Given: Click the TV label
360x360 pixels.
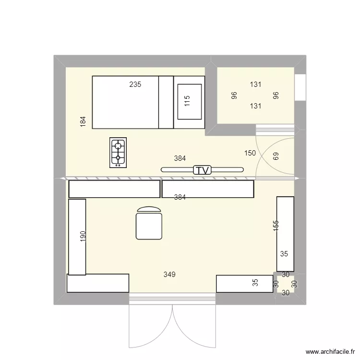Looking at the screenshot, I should pos(202,170).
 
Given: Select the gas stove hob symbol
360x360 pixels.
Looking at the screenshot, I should pos(119,153).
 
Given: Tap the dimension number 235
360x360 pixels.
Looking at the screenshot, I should pos(135,84).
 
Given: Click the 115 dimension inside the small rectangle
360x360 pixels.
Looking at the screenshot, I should pos(187,101).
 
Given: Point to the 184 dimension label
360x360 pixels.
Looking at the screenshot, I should pos(83,122).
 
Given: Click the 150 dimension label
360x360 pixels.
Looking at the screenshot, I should pos(250,153).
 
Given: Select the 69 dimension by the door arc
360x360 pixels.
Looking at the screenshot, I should pos(276,156).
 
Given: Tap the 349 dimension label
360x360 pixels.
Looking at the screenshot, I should pos(169,275).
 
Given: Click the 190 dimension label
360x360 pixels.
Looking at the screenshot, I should pos(83,236).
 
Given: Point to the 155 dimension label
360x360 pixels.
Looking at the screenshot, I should pos(276,226).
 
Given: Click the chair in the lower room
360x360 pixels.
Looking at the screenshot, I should pos(150,224).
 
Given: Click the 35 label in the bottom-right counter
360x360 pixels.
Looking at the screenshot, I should pos(255,283).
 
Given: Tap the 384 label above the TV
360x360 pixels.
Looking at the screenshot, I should pos(180,158).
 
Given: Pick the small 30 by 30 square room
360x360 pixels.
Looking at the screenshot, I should pos(285,284).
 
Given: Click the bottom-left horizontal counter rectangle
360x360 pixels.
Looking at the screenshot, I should pos(98,283).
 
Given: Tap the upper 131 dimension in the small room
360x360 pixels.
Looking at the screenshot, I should pos(255,84).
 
